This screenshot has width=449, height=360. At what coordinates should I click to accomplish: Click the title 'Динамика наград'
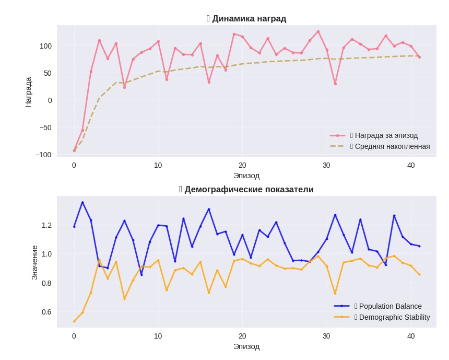(x=249, y=19)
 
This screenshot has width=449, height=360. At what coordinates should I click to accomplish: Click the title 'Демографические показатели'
(x=249, y=190)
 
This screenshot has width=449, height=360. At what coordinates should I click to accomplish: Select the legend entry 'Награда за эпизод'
(x=386, y=135)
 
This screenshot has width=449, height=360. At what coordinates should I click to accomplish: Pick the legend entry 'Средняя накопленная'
(x=392, y=146)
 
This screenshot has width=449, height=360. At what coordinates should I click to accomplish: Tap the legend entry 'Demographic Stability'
(x=394, y=317)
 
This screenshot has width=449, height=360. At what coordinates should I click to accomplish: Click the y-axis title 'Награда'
(x=28, y=92)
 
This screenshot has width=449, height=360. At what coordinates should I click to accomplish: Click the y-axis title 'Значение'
(x=34, y=262)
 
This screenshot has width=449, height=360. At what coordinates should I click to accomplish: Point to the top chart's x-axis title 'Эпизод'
(x=246, y=176)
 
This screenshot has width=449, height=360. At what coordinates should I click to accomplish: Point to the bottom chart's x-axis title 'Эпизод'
(x=246, y=346)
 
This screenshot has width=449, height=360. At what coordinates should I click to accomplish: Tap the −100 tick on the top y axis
(x=43, y=155)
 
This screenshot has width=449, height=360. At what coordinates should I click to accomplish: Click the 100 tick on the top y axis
(x=46, y=46)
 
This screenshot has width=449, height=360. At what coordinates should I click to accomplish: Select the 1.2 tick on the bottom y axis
(x=46, y=225)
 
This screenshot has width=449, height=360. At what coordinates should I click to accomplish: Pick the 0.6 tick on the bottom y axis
(x=46, y=312)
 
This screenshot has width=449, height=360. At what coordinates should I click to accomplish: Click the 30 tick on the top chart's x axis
(x=326, y=165)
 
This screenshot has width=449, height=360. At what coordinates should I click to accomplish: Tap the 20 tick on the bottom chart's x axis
(x=242, y=336)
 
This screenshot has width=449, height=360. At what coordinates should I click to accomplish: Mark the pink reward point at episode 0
(x=74, y=150)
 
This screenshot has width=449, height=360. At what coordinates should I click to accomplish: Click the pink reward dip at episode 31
(x=335, y=84)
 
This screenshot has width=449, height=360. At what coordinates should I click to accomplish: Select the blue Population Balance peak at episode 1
(x=82, y=203)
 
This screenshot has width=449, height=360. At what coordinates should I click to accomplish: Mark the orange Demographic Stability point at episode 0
(x=74, y=321)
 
